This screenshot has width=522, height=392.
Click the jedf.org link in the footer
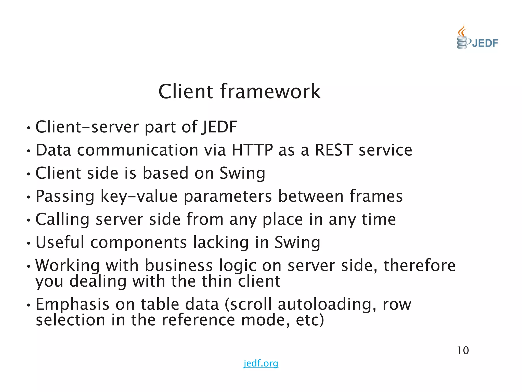(x=260, y=363)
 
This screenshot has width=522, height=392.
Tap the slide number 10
(x=463, y=350)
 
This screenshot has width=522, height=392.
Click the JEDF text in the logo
(x=485, y=43)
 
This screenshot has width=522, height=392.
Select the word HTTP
(x=252, y=150)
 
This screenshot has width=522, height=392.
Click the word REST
(x=334, y=150)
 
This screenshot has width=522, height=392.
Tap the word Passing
(x=65, y=196)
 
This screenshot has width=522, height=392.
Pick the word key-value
(x=139, y=196)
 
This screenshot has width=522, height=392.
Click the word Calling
(x=62, y=219)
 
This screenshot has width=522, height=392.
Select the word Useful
(x=60, y=242)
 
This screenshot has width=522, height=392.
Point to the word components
(x=139, y=242)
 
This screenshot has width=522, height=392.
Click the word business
(x=179, y=265)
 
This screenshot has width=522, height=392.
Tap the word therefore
(x=419, y=265)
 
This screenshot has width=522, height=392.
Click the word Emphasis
(x=72, y=304)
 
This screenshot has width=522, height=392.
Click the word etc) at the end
(x=310, y=320)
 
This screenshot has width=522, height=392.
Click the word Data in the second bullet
(x=53, y=150)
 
